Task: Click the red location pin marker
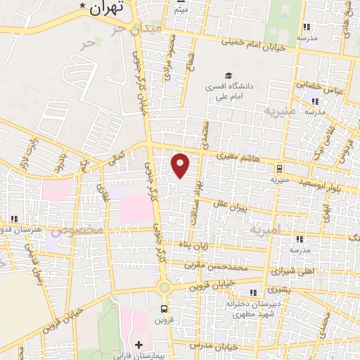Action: tap(181, 165)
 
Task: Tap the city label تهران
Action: tap(106, 8)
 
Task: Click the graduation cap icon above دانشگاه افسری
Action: tap(228, 75)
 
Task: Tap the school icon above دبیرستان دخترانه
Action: tap(252, 292)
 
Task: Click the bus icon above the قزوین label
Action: tap(165, 308)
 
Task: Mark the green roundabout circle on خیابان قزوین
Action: tap(165, 287)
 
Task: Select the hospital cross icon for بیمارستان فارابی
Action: tap(139, 345)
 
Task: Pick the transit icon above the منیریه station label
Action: tap(280, 169)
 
